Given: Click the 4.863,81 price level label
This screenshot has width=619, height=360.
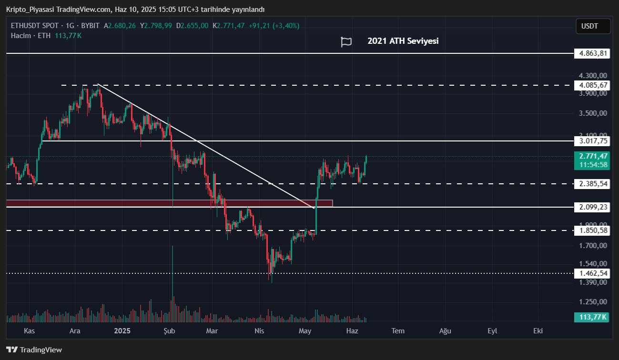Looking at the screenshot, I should click(592, 53).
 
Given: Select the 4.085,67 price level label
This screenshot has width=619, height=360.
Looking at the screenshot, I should click(592, 85).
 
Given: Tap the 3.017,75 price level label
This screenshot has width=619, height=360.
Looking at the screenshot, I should click(592, 141).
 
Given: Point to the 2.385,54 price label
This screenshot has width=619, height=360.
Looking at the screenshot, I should click(592, 184).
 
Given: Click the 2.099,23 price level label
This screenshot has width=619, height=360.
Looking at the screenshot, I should click(592, 207).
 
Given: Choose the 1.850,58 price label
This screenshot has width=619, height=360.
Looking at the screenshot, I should click(592, 230).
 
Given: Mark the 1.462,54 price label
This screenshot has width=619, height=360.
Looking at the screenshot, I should click(592, 273).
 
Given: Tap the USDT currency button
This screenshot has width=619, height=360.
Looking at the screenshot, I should click(592, 26).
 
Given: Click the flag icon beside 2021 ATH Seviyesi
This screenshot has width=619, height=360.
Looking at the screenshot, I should click(346, 42).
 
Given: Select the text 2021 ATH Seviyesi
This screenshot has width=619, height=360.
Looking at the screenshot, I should click(403, 41).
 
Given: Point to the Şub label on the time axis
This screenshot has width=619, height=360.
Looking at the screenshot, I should click(170, 331).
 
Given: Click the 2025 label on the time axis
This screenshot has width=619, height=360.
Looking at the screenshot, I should click(122, 331).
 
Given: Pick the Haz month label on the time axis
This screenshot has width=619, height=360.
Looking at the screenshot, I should click(352, 331).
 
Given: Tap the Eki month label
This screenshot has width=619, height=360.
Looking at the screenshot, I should click(538, 331).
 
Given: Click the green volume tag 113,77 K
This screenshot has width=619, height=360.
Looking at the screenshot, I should click(593, 317).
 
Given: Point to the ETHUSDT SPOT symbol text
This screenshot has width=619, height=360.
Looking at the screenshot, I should click(35, 26).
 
